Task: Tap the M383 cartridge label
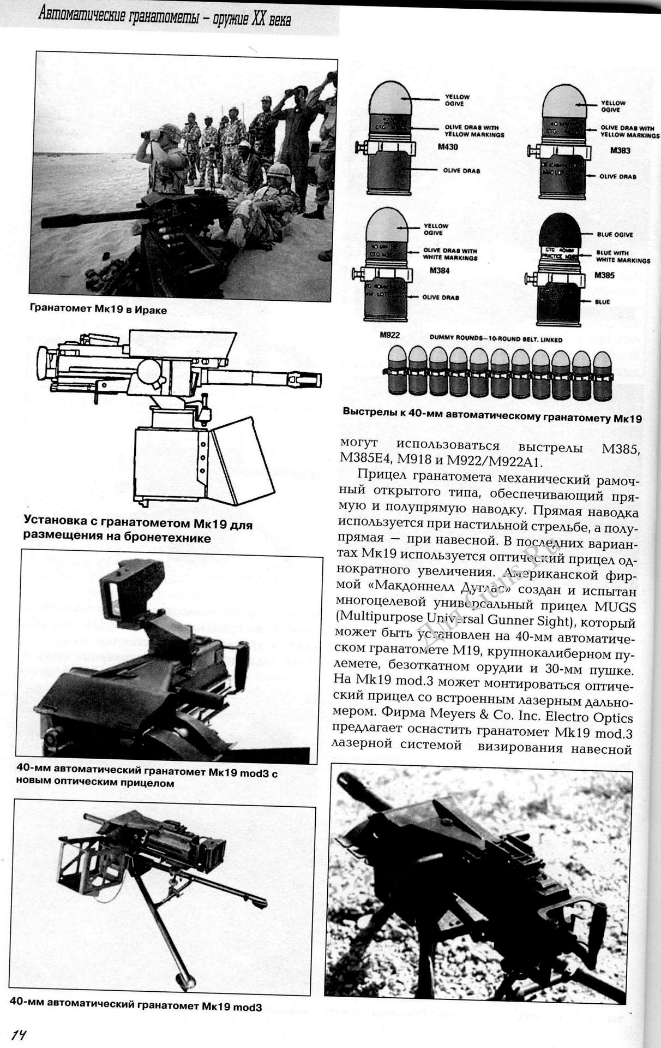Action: click(x=620, y=151)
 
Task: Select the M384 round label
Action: click(x=439, y=270)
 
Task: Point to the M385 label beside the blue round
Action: click(x=604, y=275)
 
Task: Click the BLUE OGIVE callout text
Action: click(x=615, y=235)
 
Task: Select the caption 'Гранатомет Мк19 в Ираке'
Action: click(x=98, y=310)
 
